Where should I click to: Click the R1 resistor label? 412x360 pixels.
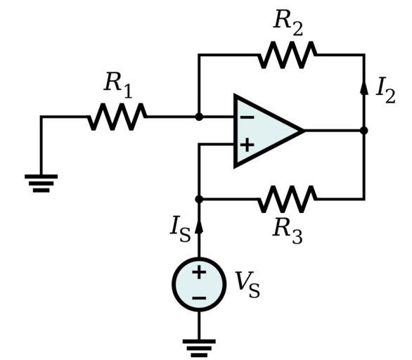pyautogui.click(x=118, y=85)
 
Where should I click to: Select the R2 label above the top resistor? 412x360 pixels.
pyautogui.click(x=288, y=22)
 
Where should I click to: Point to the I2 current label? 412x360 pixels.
pyautogui.click(x=385, y=91)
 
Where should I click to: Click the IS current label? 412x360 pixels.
pyautogui.click(x=180, y=229)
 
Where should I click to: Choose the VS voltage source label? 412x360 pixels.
pyautogui.click(x=247, y=285)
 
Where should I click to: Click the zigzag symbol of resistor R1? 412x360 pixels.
pyautogui.click(x=117, y=117)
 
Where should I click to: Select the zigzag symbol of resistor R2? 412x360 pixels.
pyautogui.click(x=287, y=55)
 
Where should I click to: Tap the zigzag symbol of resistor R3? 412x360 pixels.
pyautogui.click(x=287, y=199)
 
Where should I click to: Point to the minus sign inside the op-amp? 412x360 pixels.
pyautogui.click(x=247, y=117)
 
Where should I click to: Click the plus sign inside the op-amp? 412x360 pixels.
pyautogui.click(x=247, y=145)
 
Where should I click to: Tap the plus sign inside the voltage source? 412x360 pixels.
pyautogui.click(x=199, y=271)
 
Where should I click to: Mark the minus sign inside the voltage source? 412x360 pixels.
pyautogui.click(x=199, y=298)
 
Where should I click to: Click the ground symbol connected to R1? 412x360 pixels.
pyautogui.click(x=41, y=183)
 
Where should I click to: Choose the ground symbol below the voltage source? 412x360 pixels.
pyautogui.click(x=199, y=348)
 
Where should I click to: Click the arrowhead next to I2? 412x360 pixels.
pyautogui.click(x=364, y=87)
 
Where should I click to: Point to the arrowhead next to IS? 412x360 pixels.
pyautogui.click(x=199, y=226)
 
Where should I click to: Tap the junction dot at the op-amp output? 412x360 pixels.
pyautogui.click(x=364, y=130)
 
